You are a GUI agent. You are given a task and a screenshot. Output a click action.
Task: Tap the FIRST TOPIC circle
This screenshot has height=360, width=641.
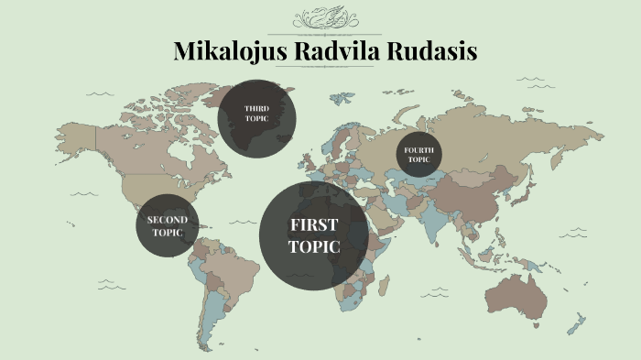click(x=314, y=235)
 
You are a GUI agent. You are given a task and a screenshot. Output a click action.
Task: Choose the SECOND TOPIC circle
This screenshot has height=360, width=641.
click(x=168, y=225)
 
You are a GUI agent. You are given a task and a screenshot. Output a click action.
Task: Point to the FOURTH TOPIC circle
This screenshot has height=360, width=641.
click(x=418, y=155)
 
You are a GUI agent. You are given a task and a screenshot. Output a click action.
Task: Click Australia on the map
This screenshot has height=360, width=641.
click(x=518, y=292)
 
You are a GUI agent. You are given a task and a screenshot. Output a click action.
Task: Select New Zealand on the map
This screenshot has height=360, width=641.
click(x=576, y=323)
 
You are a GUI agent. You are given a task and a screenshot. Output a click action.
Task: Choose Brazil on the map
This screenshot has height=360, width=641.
click(x=229, y=266)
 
